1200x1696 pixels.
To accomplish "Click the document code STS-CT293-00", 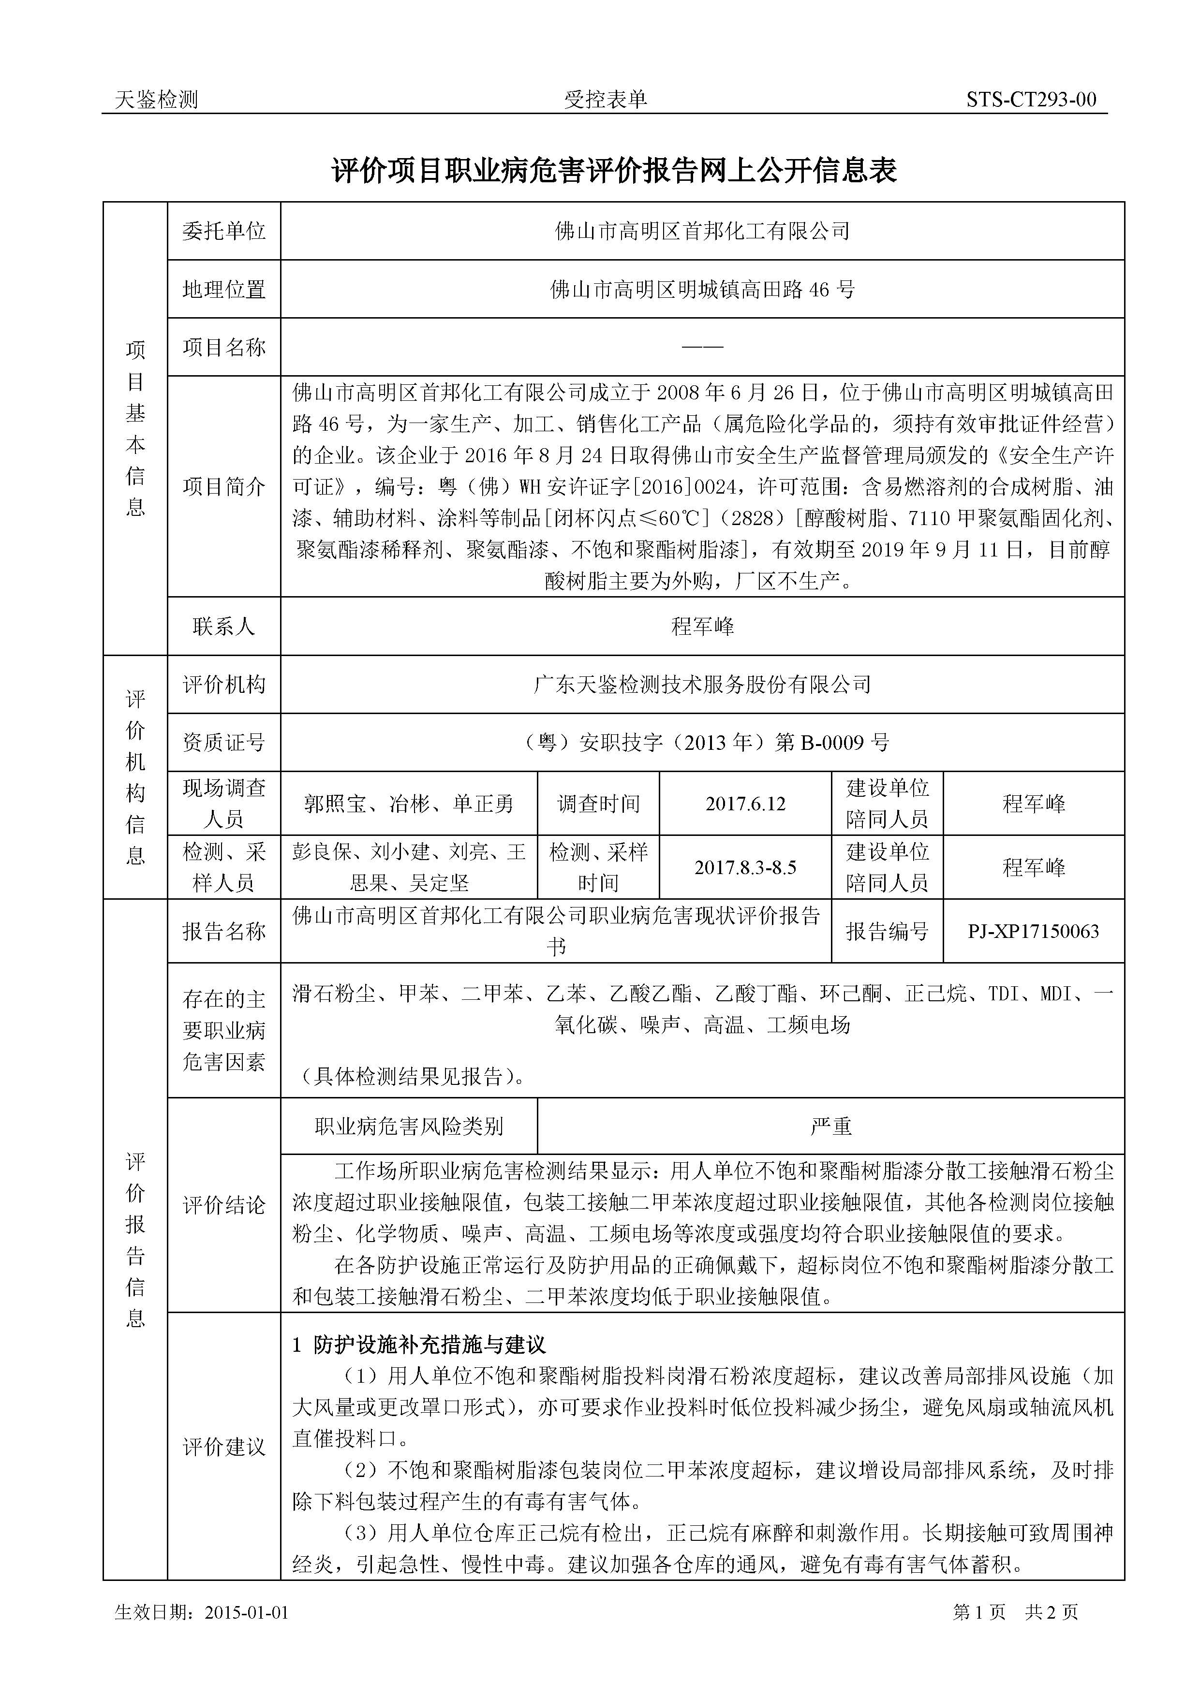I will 1031,100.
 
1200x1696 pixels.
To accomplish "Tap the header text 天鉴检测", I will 157,100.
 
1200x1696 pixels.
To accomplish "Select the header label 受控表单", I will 605,100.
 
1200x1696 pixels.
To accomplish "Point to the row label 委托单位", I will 224,231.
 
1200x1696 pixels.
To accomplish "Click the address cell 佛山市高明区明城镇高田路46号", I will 702,290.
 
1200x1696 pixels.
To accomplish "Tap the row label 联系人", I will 224,627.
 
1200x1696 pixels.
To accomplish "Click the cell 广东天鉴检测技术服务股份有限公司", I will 702,685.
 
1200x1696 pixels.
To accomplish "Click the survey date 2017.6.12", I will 745,804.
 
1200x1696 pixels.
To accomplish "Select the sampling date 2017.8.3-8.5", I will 745,867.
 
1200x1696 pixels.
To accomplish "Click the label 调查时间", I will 598,804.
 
